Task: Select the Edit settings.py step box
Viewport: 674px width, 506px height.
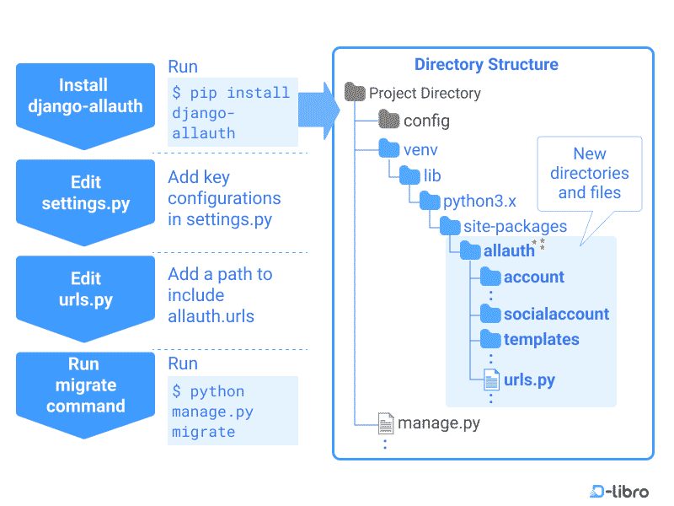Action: [85, 193]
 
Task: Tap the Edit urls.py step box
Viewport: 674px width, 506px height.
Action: [85, 289]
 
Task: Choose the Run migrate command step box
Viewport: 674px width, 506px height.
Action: [85, 385]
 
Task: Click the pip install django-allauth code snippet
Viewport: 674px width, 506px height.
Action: [232, 112]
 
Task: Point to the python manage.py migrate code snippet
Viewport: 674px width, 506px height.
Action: [232, 411]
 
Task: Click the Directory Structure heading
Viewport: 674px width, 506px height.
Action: [486, 64]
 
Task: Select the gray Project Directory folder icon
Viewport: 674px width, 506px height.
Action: [356, 93]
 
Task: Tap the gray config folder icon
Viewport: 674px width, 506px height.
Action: [388, 121]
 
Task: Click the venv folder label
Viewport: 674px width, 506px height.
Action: [420, 150]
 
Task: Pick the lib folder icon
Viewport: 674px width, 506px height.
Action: [409, 176]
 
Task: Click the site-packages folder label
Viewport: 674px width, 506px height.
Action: [515, 226]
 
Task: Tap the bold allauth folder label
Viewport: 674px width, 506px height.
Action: [509, 250]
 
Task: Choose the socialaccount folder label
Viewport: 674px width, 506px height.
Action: [556, 314]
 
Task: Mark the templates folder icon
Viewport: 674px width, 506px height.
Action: [490, 339]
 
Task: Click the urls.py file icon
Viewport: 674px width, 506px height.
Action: [491, 380]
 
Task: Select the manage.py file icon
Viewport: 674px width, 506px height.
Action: [386, 423]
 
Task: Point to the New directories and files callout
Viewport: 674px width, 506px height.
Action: [590, 173]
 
